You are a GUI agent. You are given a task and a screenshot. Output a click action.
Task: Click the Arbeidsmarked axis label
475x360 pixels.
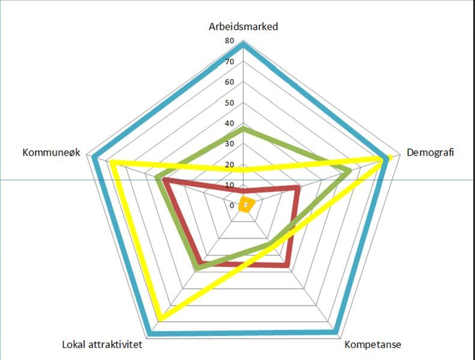pos(243,26)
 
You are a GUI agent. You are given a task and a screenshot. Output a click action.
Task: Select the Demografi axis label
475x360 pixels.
pos(431,153)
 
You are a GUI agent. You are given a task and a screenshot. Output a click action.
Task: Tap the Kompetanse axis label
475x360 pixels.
pos(373,345)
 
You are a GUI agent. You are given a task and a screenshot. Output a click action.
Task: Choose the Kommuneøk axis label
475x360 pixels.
pos(51,153)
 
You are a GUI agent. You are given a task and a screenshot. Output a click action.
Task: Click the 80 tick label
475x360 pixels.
pos(230,41)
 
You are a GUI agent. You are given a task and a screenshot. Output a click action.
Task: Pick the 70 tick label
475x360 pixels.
pos(230,62)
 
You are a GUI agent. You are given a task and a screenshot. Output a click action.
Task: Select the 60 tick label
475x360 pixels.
pos(230,82)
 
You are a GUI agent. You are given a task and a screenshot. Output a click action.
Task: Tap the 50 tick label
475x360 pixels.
pos(230,103)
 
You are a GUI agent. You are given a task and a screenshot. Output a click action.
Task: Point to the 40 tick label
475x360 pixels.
pos(230,123)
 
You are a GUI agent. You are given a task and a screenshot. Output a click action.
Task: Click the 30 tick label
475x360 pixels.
pos(230,144)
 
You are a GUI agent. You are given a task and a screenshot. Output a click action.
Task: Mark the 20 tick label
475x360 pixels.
pos(230,165)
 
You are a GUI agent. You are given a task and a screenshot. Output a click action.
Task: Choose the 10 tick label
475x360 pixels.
pos(230,185)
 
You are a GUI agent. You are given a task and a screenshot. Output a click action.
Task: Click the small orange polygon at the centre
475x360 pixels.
pos(246,205)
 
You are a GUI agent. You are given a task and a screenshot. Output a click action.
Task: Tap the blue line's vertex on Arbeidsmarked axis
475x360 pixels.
pos(243,44)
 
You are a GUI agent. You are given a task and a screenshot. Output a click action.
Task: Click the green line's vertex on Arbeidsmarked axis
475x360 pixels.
pos(243,128)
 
